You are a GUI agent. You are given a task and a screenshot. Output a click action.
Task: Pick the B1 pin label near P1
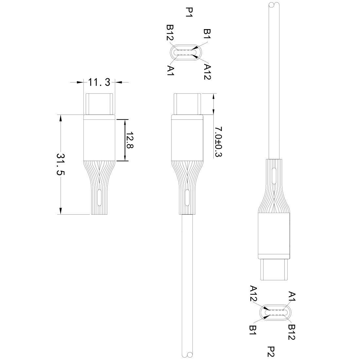point(207,34)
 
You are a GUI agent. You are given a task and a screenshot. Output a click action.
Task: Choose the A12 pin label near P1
point(207,72)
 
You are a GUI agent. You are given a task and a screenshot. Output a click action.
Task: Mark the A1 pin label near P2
point(292,297)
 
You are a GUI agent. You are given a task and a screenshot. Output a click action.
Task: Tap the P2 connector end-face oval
point(277,312)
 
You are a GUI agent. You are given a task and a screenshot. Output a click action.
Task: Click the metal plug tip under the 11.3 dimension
point(99,104)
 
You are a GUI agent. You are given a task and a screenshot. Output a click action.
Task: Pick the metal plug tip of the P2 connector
point(274,270)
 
